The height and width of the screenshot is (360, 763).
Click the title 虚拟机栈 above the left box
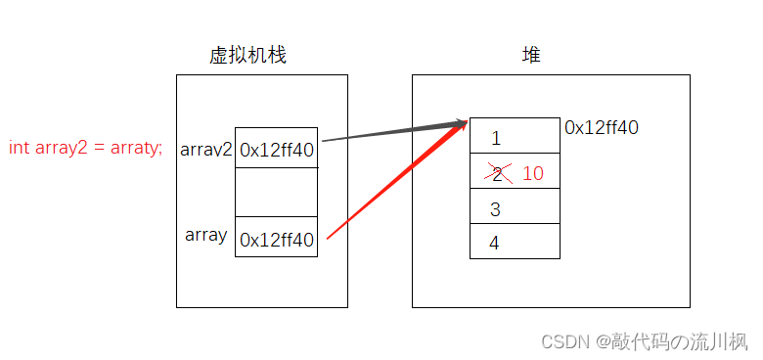point(247,57)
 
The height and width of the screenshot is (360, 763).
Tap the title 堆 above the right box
point(531,57)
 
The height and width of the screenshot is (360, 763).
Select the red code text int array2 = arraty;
point(86,149)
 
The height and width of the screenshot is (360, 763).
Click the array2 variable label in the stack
point(206,150)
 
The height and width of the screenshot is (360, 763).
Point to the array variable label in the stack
point(205,235)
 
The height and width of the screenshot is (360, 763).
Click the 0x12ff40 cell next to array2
point(277,149)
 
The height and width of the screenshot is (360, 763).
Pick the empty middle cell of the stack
point(277,192)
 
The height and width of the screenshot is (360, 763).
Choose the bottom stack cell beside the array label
point(277,238)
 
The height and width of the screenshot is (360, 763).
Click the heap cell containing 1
point(515,137)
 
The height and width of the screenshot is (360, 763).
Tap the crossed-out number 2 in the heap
point(497,174)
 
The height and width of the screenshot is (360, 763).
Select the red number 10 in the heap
point(533,174)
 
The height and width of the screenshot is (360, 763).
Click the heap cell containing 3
point(515,209)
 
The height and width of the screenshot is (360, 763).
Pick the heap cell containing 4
point(515,243)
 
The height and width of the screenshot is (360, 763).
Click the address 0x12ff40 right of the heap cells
point(602,127)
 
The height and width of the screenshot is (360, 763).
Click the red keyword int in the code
point(19,149)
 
